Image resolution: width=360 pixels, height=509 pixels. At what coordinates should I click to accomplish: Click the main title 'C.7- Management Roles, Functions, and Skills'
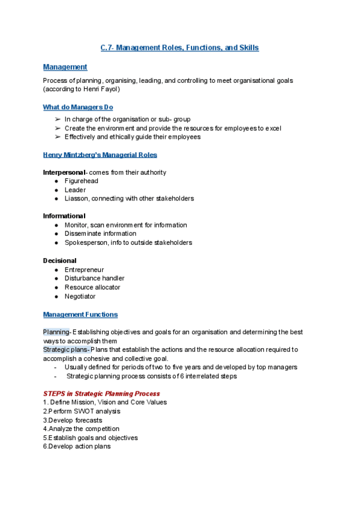pos(179,47)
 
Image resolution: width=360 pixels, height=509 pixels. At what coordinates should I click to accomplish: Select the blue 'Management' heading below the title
pos(65,67)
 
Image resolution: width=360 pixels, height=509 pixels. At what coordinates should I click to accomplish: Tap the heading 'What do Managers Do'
pos(78,107)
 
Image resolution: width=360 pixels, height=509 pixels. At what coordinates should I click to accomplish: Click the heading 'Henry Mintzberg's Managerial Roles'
pos(100,155)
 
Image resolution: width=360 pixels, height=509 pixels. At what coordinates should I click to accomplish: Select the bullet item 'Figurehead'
pos(81,181)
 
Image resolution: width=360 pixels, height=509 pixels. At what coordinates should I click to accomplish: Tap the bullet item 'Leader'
pos(75,190)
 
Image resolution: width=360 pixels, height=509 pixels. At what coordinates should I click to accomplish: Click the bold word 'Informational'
pos(64,216)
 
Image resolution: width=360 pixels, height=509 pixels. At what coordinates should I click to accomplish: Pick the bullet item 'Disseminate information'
pos(100,233)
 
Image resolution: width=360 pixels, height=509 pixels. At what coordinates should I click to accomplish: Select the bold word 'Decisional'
pos(59,261)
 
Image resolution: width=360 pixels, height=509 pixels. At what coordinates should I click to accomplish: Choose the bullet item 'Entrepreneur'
pos(84,270)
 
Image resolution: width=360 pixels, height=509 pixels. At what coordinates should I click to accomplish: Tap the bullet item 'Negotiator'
pos(80,297)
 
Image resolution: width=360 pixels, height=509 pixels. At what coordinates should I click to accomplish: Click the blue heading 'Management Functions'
pos(80,315)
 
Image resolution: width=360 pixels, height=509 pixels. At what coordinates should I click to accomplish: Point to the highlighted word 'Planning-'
pos(57,332)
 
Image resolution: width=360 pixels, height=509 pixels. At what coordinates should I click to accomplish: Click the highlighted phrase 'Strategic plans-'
pos(67,349)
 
